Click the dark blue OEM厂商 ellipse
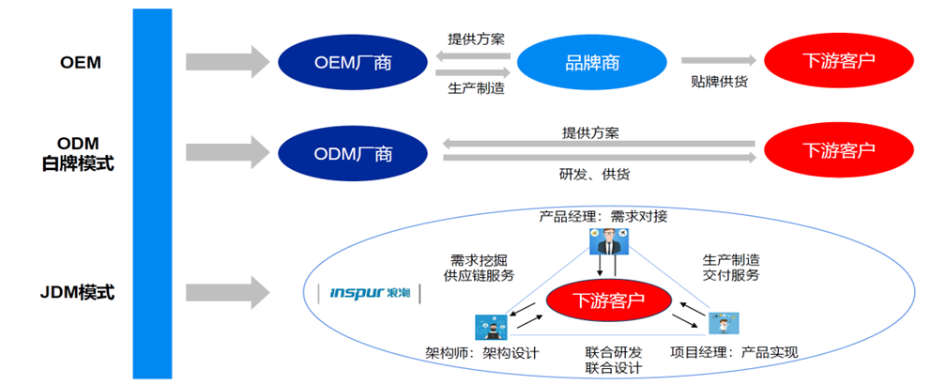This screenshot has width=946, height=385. pyautogui.click(x=353, y=62)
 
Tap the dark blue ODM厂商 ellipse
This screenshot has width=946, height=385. pyautogui.click(x=353, y=153)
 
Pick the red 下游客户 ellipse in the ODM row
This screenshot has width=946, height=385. pyautogui.click(x=839, y=149)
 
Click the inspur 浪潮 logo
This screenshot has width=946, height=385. pyautogui.click(x=369, y=293)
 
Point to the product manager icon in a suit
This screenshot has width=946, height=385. pyautogui.click(x=610, y=242)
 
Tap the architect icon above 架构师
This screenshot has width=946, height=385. pyautogui.click(x=491, y=327)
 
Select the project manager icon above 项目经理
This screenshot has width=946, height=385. pyautogui.click(x=724, y=323)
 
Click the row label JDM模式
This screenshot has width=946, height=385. pyautogui.click(x=77, y=293)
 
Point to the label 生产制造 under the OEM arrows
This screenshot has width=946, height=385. pyautogui.click(x=476, y=88)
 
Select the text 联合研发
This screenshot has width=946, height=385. pyautogui.click(x=614, y=352)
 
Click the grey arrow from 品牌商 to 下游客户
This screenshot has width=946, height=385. pyautogui.click(x=719, y=60)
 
